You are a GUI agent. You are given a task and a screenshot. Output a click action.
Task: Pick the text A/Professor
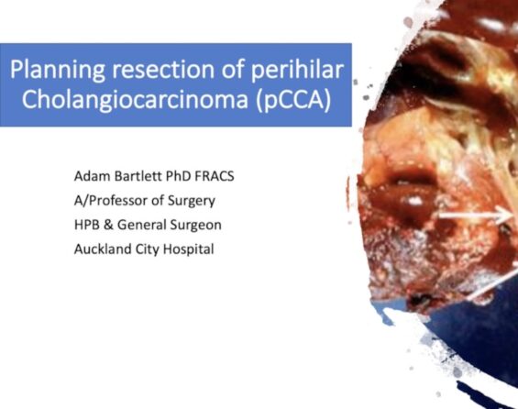pos(111,200)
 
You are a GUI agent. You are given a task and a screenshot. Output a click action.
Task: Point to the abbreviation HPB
pos(87,225)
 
